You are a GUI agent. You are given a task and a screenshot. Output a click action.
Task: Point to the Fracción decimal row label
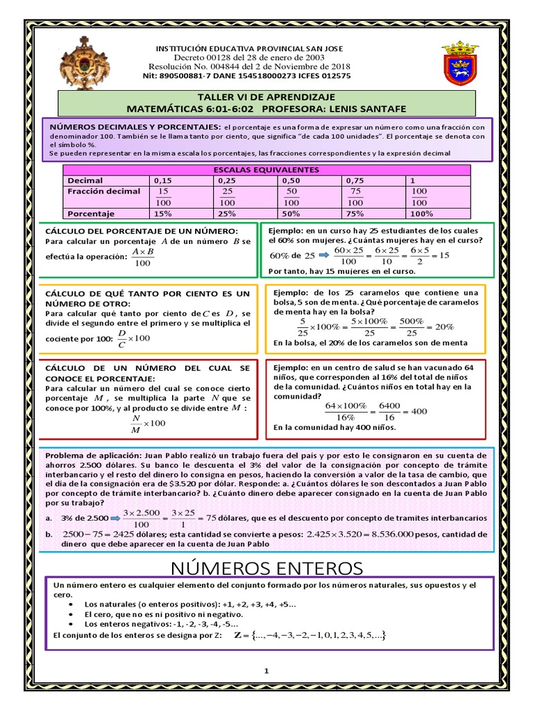point(104,191)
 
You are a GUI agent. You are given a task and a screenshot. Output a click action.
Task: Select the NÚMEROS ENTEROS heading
point(266,569)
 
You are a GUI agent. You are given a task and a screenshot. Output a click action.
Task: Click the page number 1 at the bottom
point(266,670)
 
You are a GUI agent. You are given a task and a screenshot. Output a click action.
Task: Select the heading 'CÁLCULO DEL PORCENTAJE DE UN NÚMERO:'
point(141,230)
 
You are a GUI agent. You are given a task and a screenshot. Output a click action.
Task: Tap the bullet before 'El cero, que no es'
point(73,614)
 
